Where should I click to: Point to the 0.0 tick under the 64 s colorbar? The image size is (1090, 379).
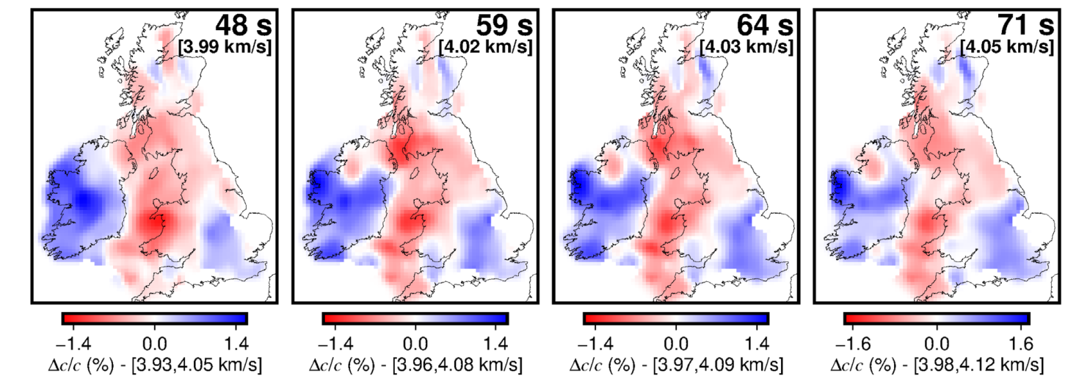676,342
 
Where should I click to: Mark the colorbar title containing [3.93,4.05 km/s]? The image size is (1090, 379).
155,364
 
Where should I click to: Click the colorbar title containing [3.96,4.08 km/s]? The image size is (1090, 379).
415,364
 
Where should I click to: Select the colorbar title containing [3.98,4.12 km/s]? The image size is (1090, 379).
937,364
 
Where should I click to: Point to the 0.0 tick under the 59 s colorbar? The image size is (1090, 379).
415,342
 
